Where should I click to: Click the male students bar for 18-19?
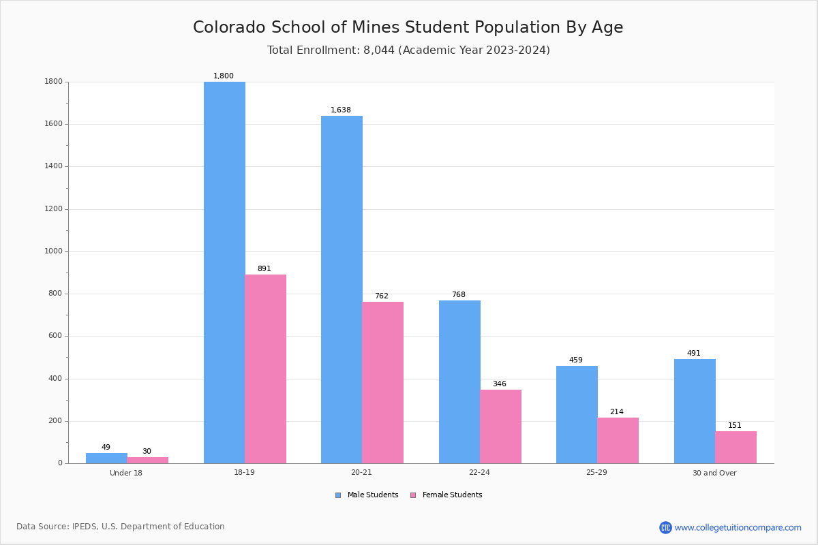pyautogui.click(x=224, y=272)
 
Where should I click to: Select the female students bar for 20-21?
pyautogui.click(x=382, y=383)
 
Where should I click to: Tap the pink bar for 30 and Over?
pyautogui.click(x=736, y=448)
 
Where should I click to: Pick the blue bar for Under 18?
pyautogui.click(x=106, y=458)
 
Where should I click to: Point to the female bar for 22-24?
pyautogui.click(x=500, y=426)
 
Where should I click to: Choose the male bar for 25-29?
pyautogui.click(x=577, y=415)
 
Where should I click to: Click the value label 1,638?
pyautogui.click(x=341, y=110)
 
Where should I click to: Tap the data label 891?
pyautogui.click(x=264, y=268)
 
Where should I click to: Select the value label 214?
pyautogui.click(x=617, y=411)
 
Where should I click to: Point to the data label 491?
pyautogui.click(x=694, y=353)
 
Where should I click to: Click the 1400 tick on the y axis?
pyautogui.click(x=54, y=166)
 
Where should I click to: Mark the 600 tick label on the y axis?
pyautogui.click(x=55, y=336)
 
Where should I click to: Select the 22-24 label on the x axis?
pyautogui.click(x=479, y=472)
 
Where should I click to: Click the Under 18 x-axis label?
pyautogui.click(x=126, y=473)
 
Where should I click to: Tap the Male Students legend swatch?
pyautogui.click(x=338, y=495)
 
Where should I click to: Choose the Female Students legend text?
pyautogui.click(x=453, y=495)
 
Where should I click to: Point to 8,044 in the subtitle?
pyautogui.click(x=379, y=50)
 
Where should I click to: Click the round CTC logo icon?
pyautogui.click(x=665, y=527)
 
